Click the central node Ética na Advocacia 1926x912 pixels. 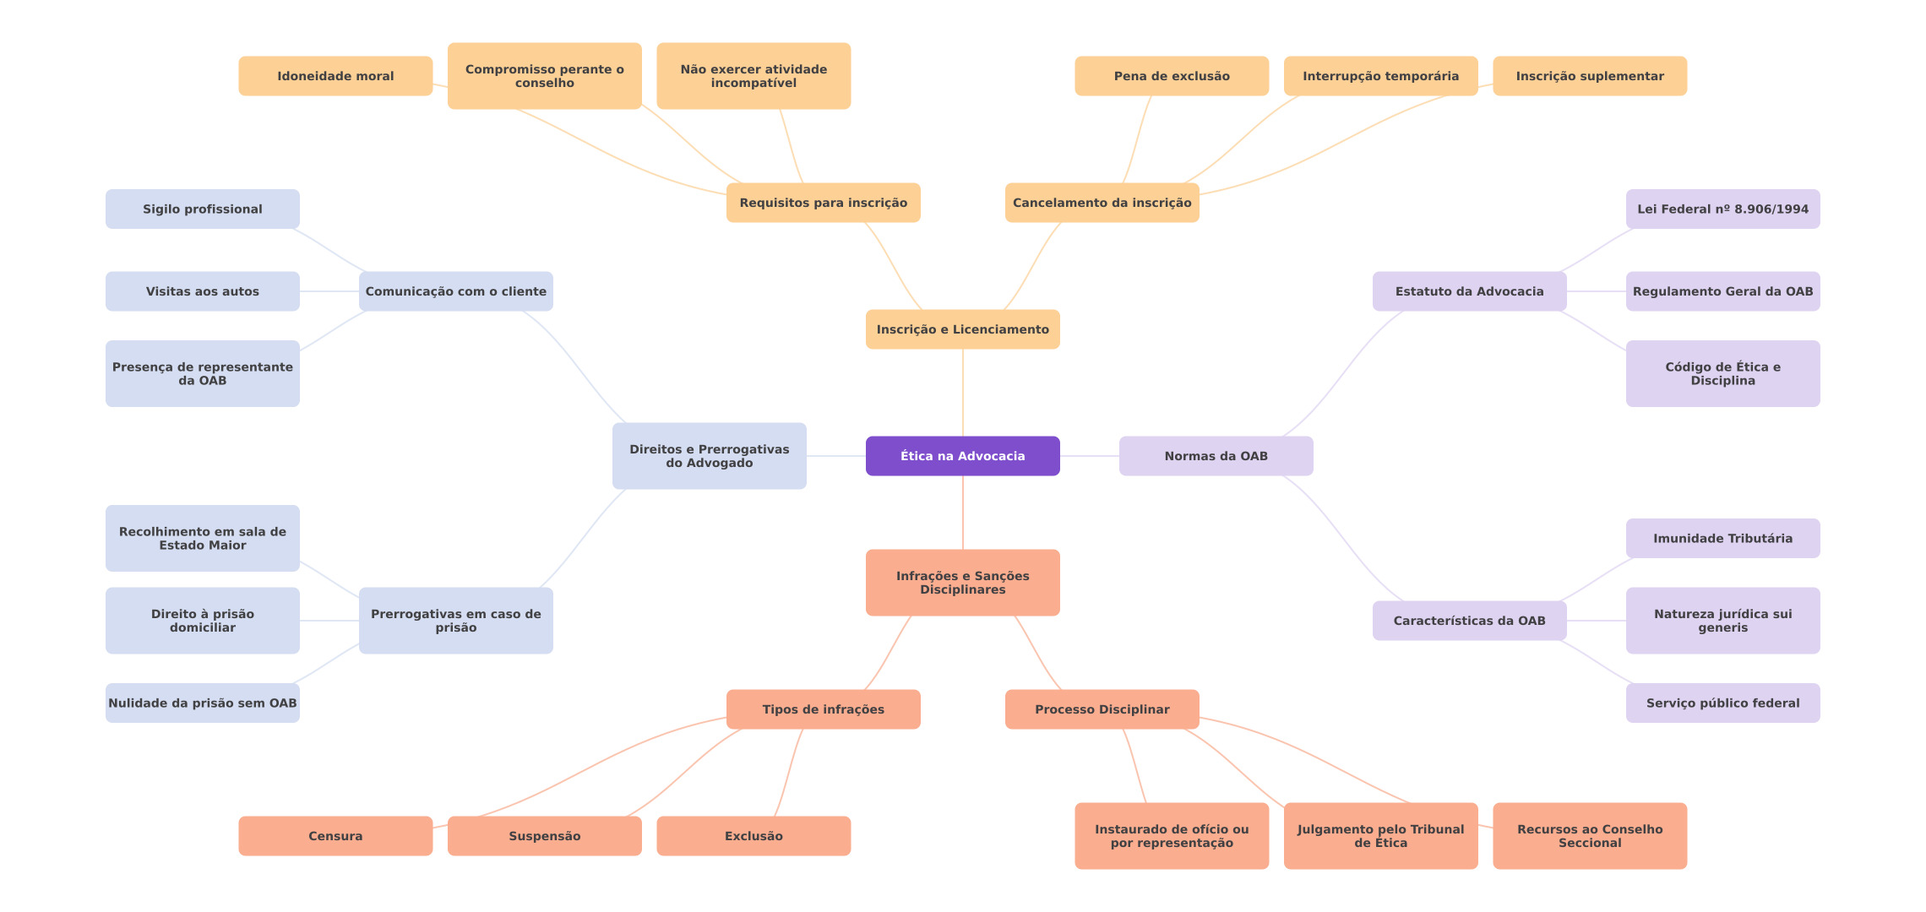click(962, 456)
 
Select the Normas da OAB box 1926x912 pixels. click(1216, 456)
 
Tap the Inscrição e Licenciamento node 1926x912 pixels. click(962, 329)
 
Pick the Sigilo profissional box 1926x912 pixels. click(202, 209)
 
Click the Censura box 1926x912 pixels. click(335, 836)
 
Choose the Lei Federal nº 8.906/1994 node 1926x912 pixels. click(1722, 209)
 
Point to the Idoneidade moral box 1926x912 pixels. click(335, 76)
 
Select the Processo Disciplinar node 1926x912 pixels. click(1102, 709)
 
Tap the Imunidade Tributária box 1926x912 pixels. click(1722, 538)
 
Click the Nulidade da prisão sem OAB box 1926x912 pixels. click(202, 703)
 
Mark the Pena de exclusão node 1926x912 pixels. click(1172, 76)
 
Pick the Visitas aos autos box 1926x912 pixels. click(202, 291)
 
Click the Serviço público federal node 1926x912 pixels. click(1722, 703)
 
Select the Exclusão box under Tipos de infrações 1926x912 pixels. click(754, 836)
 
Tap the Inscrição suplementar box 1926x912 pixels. click(1590, 76)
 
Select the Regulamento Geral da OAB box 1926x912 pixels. click(1722, 291)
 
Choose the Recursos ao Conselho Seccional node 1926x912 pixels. click(1590, 836)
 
